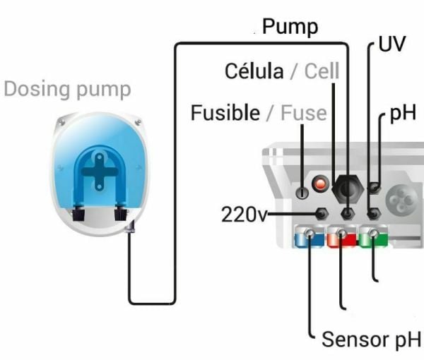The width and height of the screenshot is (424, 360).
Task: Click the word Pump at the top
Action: pos(290,28)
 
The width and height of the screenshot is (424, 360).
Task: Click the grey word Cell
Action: pos(322,71)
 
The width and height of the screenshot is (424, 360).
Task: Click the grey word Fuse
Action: pos(303,112)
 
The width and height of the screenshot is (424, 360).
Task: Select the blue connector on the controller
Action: pos(307,237)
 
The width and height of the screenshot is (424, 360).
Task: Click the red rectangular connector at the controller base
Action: pos(342,237)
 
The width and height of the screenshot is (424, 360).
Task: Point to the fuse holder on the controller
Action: pos(302,191)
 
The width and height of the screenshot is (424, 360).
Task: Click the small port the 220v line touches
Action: pos(322,213)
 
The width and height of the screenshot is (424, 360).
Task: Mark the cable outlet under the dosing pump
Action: pos(130,227)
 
